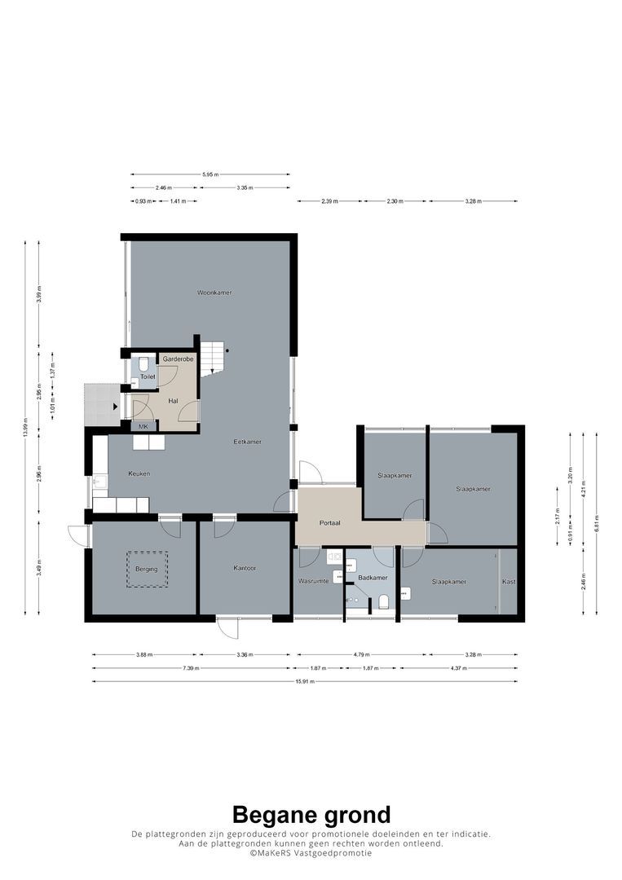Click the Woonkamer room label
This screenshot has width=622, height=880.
point(209,292)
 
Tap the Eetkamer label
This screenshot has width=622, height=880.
point(247,442)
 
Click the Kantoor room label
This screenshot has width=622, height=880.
point(245,568)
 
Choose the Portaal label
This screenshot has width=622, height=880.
point(330,523)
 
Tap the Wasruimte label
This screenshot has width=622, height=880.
point(314,581)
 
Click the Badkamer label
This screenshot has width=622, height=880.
point(373,577)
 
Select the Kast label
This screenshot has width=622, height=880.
point(509,581)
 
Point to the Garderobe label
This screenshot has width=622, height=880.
point(178,359)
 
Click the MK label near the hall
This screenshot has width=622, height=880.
point(143,426)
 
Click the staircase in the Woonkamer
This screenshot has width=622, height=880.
point(213,358)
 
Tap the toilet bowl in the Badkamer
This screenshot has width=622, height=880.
point(383,602)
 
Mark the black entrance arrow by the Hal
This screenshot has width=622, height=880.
point(115,405)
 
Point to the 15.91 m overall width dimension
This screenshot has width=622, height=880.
point(304,681)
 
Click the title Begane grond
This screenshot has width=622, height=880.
point(311,814)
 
